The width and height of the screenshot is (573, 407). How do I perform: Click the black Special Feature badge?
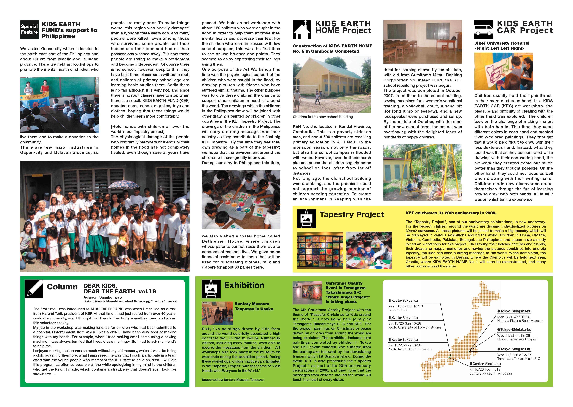pyautogui.click(x=29, y=29)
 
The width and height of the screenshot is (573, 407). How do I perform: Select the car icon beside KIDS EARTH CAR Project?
pyautogui.click(x=483, y=29)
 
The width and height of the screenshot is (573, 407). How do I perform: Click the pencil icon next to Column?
pyautogui.click(x=34, y=289)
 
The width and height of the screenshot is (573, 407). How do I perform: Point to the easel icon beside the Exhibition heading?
pyautogui.click(x=211, y=289)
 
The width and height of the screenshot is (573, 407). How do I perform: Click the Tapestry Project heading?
pyautogui.click(x=352, y=215)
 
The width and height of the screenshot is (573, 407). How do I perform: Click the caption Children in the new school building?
pyautogui.click(x=322, y=117)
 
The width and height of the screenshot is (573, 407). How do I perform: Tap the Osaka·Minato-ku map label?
pyautogui.click(x=485, y=364)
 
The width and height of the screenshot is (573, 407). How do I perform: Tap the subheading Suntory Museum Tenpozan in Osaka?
pyautogui.click(x=254, y=306)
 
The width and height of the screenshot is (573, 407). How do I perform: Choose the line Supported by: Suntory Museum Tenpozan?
pyautogui.click(x=233, y=380)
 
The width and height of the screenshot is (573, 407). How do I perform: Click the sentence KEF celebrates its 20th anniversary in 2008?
pyautogui.click(x=451, y=213)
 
